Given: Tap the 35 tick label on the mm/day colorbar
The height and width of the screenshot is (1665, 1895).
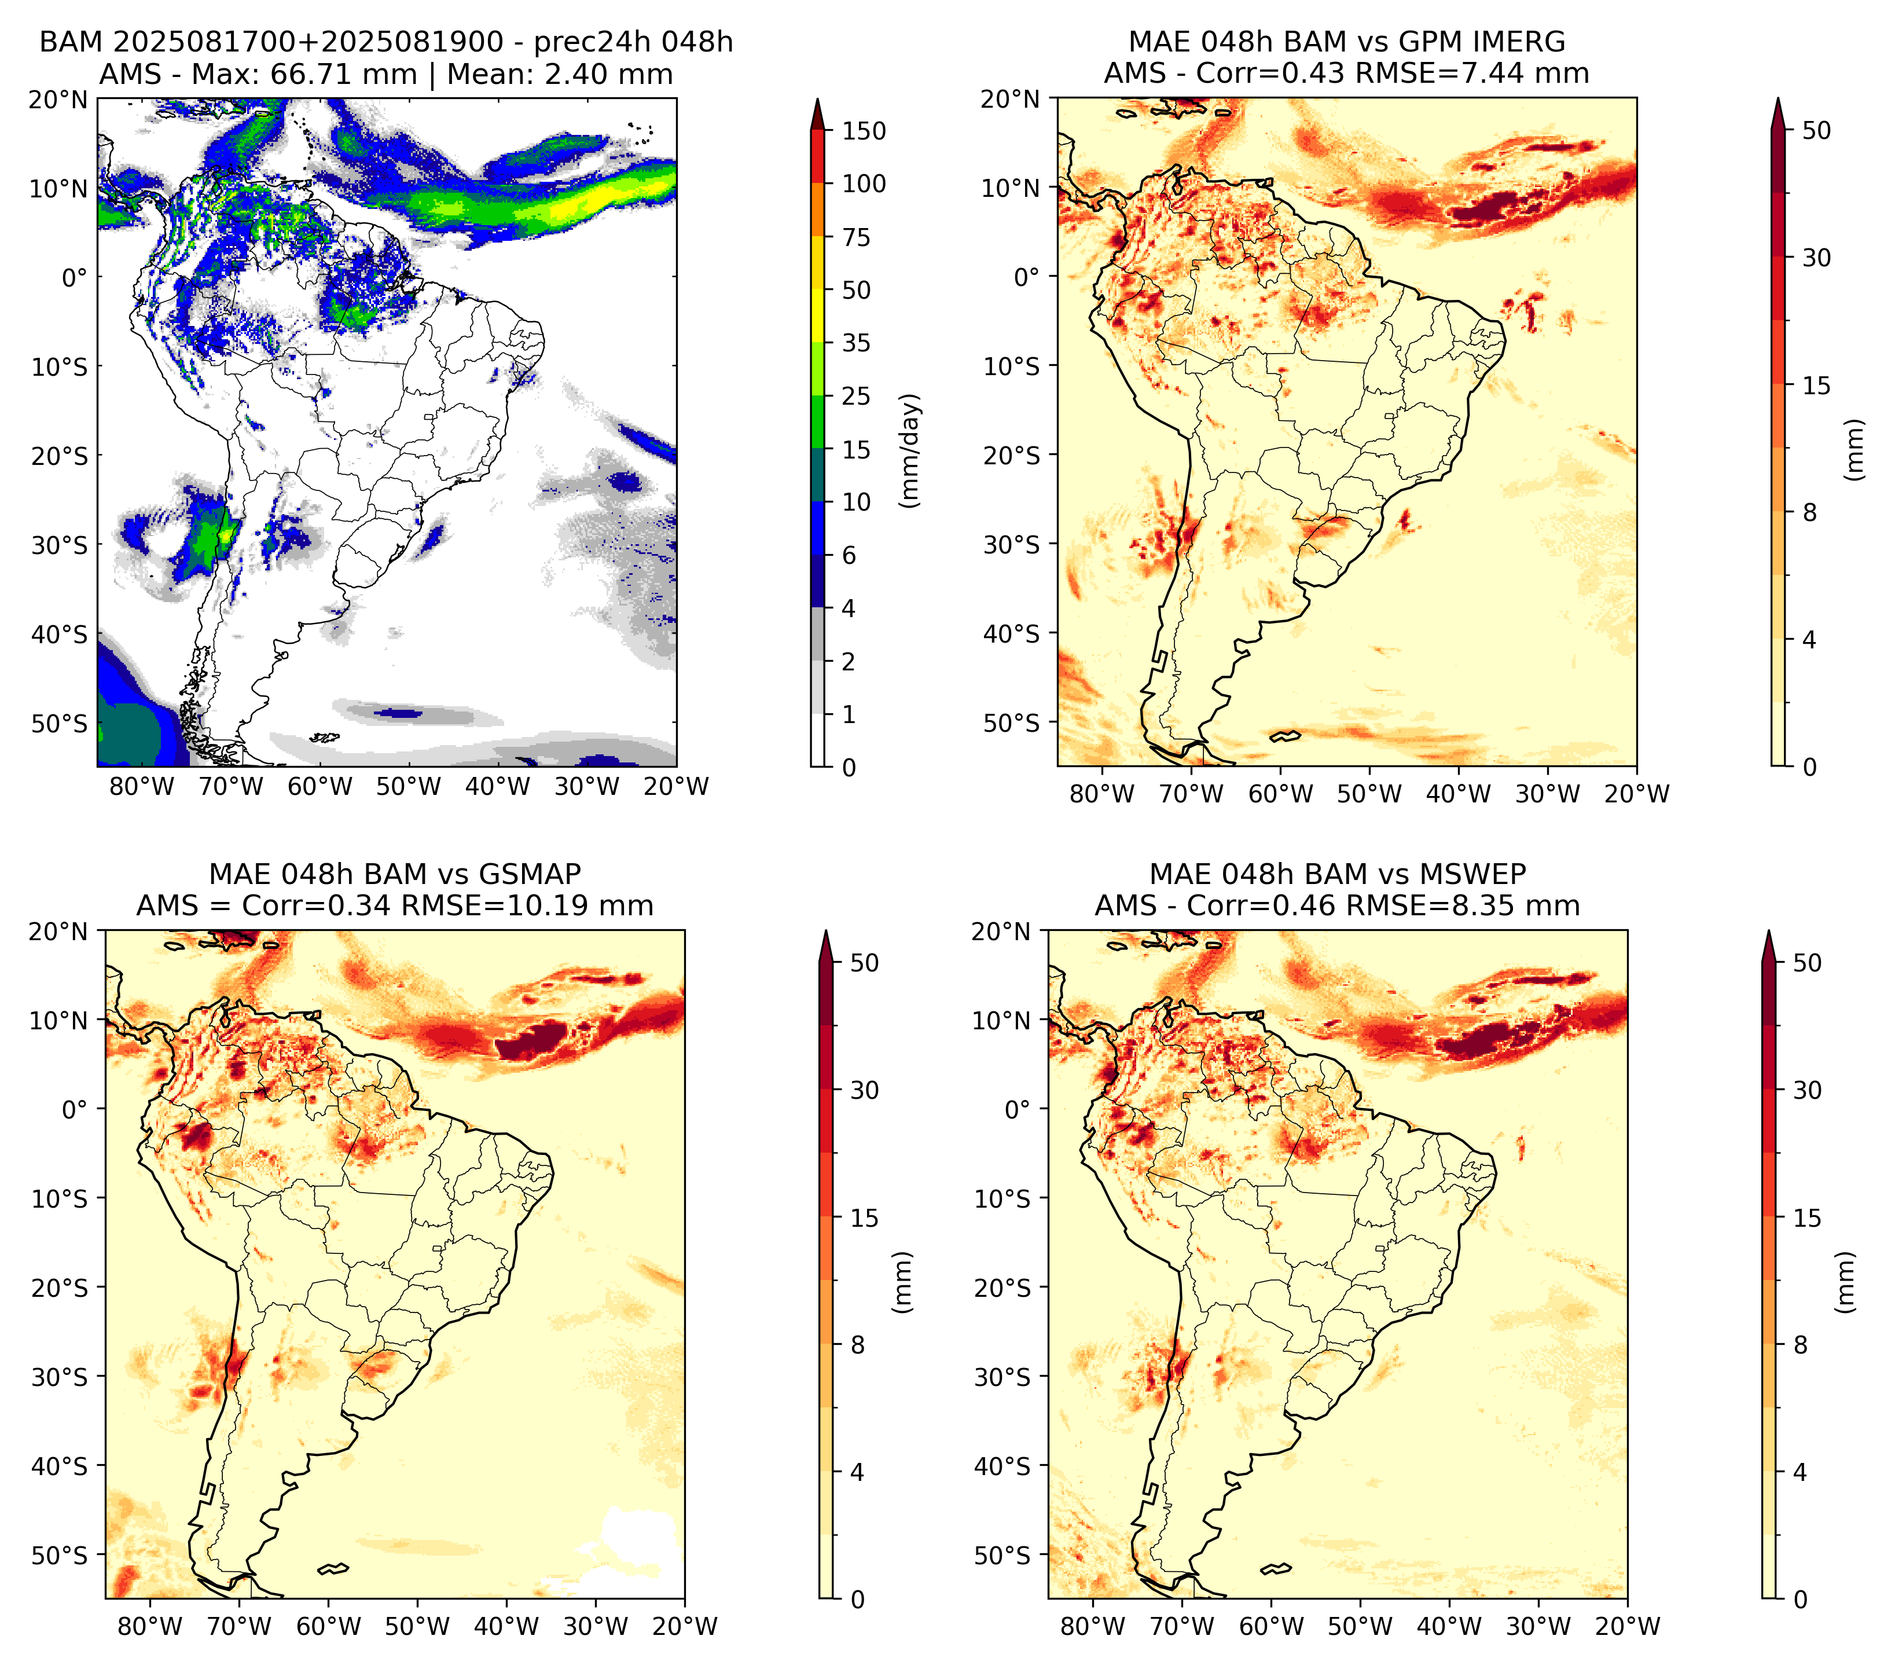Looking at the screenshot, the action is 855,343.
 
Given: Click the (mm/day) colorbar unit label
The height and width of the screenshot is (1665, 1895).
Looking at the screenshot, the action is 912,450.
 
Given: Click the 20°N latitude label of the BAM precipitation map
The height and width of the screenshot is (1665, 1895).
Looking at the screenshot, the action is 57,99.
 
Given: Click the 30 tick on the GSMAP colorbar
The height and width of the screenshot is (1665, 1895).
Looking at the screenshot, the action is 864,1090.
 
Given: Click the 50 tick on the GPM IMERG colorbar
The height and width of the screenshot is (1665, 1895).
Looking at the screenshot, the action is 1816,131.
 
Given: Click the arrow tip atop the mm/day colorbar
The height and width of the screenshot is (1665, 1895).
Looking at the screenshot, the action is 817,98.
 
